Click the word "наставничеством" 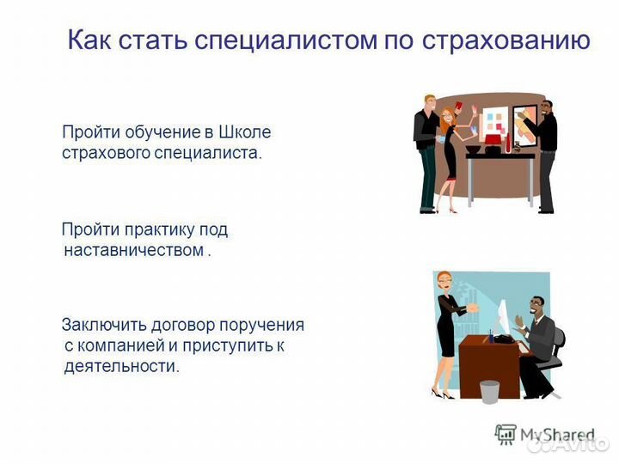coord(133,250)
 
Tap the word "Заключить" coord(104,325)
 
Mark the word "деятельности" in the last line coord(121,366)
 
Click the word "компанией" coord(120,345)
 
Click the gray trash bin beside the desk coord(489,391)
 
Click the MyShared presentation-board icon coord(506,434)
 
